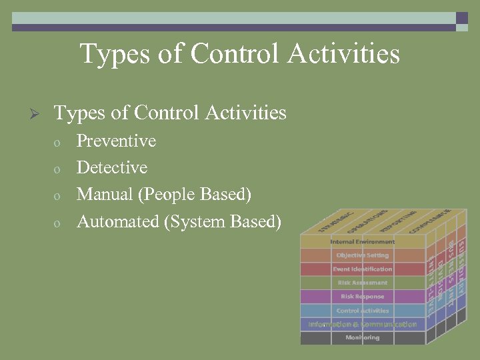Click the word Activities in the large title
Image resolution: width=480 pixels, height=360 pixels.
point(343,53)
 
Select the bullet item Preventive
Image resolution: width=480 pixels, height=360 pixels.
point(116,141)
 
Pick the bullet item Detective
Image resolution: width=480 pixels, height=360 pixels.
point(112,168)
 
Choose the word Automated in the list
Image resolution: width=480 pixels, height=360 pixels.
point(117,221)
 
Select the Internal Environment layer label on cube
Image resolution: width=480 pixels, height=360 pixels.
point(363,241)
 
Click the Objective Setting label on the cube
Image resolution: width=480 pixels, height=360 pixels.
point(363,255)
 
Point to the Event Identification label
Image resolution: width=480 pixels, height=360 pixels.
point(363,269)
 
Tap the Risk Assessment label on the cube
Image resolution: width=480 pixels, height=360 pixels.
point(363,283)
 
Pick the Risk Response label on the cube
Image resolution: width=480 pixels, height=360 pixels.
point(363,297)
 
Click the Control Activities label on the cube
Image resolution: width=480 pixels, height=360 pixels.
point(363,311)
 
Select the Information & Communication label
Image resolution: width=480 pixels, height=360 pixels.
point(363,324)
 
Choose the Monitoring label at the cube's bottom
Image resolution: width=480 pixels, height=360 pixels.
point(363,338)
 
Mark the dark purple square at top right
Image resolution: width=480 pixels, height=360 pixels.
point(461,18)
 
